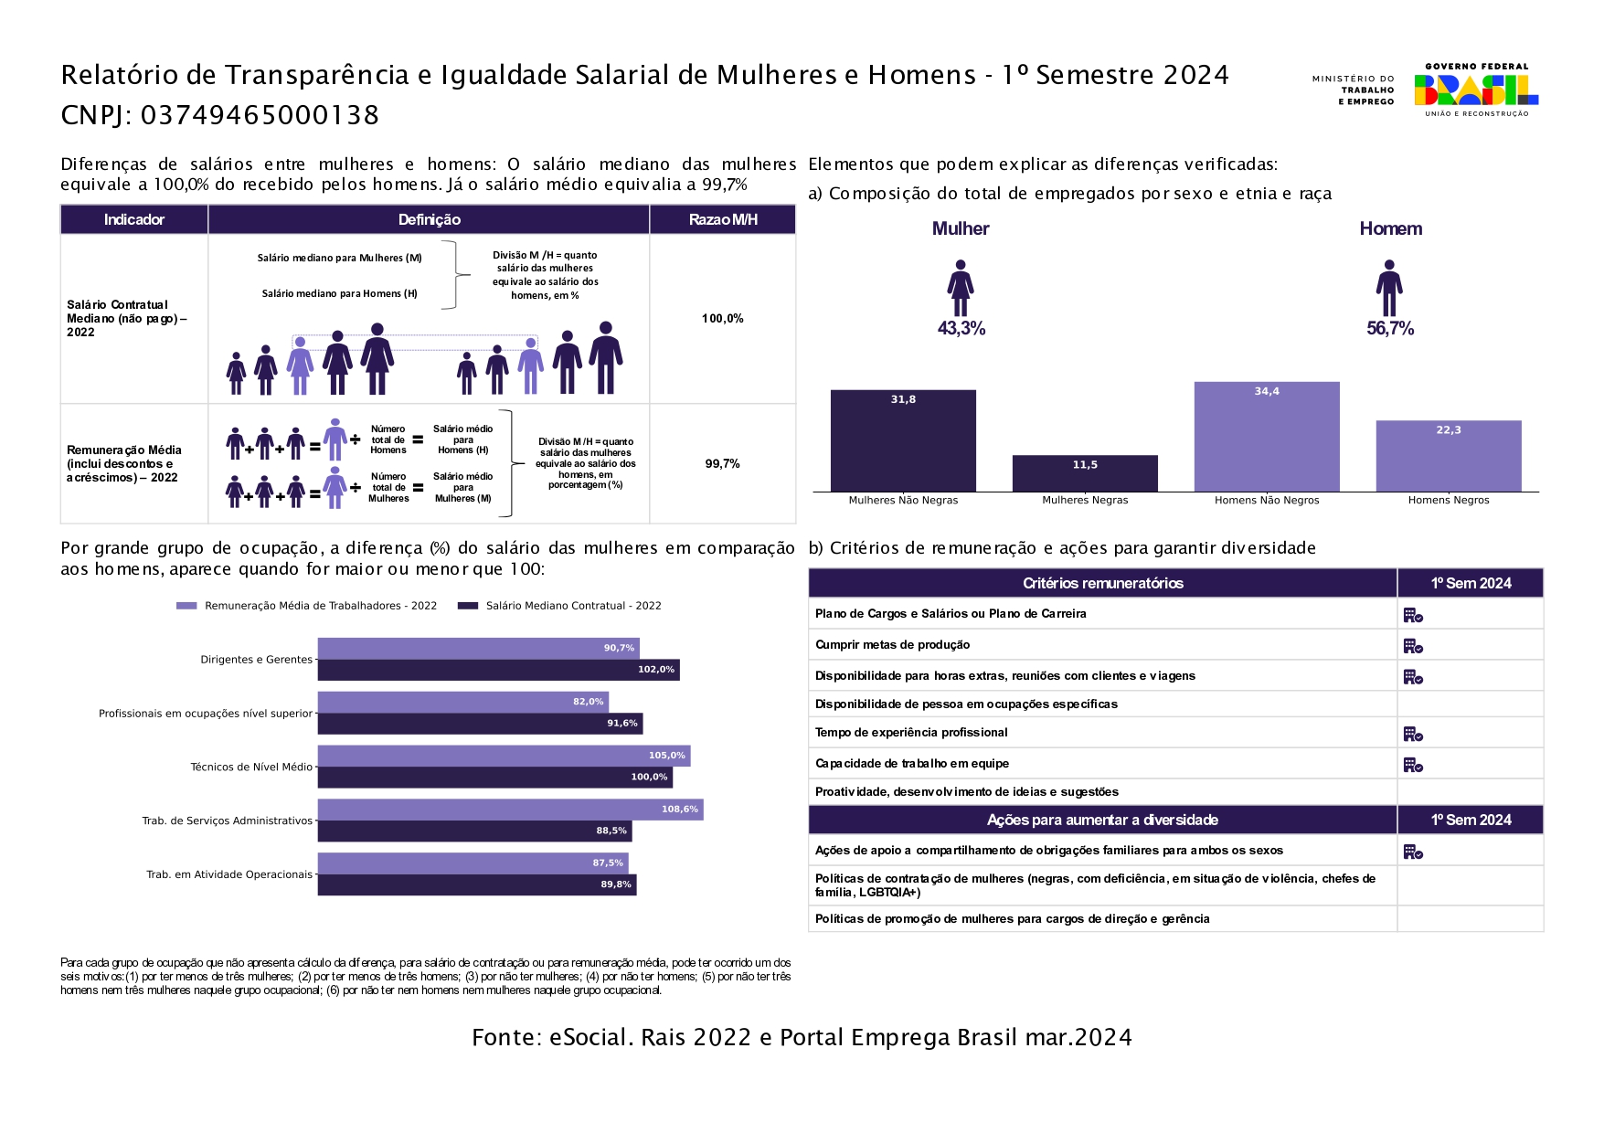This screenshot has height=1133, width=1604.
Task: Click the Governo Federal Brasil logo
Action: point(1475,90)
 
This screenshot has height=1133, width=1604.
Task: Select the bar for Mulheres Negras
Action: point(1085,473)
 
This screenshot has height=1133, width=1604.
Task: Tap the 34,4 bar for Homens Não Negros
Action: point(1266,437)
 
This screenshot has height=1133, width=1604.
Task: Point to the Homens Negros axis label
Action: point(1448,501)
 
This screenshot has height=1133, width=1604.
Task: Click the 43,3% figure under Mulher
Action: point(961,329)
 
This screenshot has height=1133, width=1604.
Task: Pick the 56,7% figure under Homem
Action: point(1389,329)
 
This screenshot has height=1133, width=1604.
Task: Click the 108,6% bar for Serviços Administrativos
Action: point(510,810)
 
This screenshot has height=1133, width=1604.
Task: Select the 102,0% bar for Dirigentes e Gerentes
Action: point(498,670)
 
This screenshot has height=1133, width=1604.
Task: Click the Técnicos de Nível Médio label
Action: point(251,768)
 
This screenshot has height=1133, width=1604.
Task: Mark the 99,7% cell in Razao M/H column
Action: point(722,464)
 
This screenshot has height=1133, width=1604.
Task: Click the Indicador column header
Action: point(134,220)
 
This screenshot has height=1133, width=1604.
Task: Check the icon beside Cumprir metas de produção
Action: point(1413,646)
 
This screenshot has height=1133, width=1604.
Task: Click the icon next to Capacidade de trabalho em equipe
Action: point(1413,765)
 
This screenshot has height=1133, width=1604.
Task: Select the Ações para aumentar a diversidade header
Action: point(1101,821)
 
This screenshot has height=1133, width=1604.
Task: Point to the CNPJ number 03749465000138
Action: point(260,116)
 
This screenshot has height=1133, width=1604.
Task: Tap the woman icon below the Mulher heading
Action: point(961,288)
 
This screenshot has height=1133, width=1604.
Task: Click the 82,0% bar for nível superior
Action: point(462,702)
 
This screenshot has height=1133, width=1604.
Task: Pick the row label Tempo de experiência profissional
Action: point(911,733)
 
